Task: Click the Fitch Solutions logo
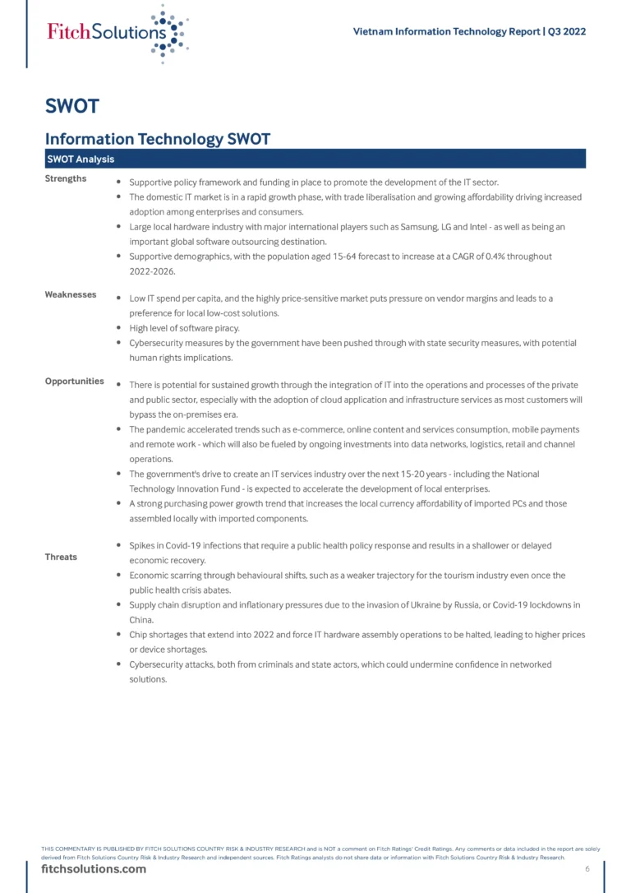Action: pyautogui.click(x=117, y=33)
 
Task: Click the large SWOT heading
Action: pyautogui.click(x=72, y=106)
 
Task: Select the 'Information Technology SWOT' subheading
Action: pyautogui.click(x=157, y=139)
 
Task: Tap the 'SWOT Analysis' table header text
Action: pyautogui.click(x=81, y=159)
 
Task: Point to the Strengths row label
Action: pyautogui.click(x=66, y=178)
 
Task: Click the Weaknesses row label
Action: pyautogui.click(x=70, y=294)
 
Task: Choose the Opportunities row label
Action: pyautogui.click(x=74, y=381)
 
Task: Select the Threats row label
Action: pyautogui.click(x=61, y=557)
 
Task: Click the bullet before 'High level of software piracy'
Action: pyautogui.click(x=120, y=328)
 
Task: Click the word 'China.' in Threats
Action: pyautogui.click(x=142, y=620)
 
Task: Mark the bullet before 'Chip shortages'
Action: pyautogui.click(x=120, y=635)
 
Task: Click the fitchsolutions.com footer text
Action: pyautogui.click(x=94, y=869)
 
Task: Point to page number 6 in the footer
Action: pyautogui.click(x=587, y=869)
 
